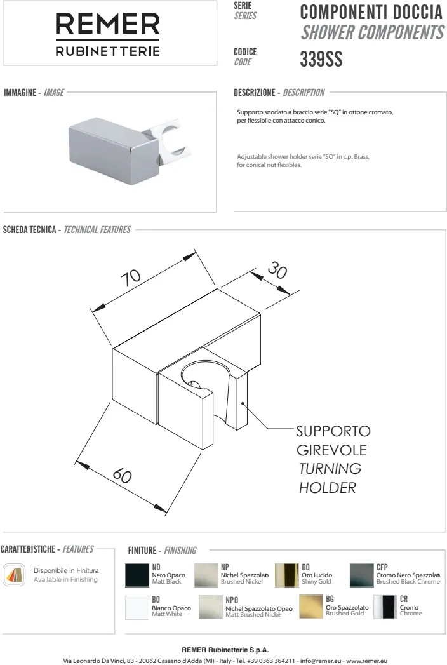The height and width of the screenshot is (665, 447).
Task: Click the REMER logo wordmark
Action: [108, 24]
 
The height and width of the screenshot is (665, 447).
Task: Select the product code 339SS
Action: [321, 59]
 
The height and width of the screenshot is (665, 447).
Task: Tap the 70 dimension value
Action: [131, 278]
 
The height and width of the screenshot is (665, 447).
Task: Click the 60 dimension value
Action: [122, 475]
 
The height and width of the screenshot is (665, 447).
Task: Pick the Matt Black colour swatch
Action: [137, 575]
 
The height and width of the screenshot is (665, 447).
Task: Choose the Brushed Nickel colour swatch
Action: [206, 575]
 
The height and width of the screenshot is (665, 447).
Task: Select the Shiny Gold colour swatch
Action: [287, 575]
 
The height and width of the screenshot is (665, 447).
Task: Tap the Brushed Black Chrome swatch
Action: [361, 575]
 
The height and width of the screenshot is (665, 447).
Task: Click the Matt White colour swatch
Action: [137, 607]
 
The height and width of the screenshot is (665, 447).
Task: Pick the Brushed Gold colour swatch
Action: [311, 607]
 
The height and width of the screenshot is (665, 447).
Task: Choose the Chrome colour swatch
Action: [385, 607]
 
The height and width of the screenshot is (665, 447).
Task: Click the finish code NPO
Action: [232, 600]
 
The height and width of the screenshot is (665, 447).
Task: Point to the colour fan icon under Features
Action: [14, 575]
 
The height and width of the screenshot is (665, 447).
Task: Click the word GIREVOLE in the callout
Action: [331, 450]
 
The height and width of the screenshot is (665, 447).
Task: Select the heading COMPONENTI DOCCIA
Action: [371, 12]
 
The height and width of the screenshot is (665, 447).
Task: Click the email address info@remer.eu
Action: [321, 661]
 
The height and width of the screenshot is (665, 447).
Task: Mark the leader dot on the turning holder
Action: [242, 403]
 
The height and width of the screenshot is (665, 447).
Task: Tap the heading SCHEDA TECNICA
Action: [30, 230]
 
